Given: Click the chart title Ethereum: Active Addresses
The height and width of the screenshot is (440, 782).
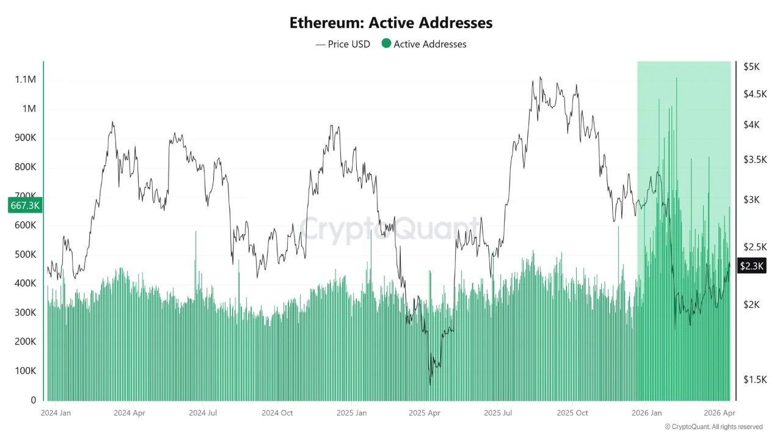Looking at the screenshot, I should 391,23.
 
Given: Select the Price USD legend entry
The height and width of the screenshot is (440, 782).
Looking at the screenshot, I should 343,44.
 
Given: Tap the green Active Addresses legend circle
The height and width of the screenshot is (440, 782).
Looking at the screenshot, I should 386,43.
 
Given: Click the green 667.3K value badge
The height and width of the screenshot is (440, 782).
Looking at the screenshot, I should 25,205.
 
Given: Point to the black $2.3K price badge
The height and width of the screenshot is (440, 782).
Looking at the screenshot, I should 751,266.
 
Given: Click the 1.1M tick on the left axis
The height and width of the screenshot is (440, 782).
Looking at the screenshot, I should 25,80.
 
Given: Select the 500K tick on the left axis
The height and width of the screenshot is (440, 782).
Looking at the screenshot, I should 25,255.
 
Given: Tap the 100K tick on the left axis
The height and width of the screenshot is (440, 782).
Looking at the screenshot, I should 25,371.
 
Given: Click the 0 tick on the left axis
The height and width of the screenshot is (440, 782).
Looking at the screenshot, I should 34,400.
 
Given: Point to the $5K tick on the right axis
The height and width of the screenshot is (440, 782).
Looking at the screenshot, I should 750,67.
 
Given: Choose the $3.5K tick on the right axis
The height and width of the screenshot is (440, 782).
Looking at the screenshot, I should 753,159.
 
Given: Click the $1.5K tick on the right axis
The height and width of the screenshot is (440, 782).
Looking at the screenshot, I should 753,380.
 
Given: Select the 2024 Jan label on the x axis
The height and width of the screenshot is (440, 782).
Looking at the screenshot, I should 56,413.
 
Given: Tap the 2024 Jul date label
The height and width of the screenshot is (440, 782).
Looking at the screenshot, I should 203,413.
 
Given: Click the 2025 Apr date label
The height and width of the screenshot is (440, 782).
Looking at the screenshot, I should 425,413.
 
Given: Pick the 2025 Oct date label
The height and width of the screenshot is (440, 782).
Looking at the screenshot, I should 572,413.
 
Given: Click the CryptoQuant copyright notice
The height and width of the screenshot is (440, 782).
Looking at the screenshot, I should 713,427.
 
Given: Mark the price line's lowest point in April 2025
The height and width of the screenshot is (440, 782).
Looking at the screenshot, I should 430,384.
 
